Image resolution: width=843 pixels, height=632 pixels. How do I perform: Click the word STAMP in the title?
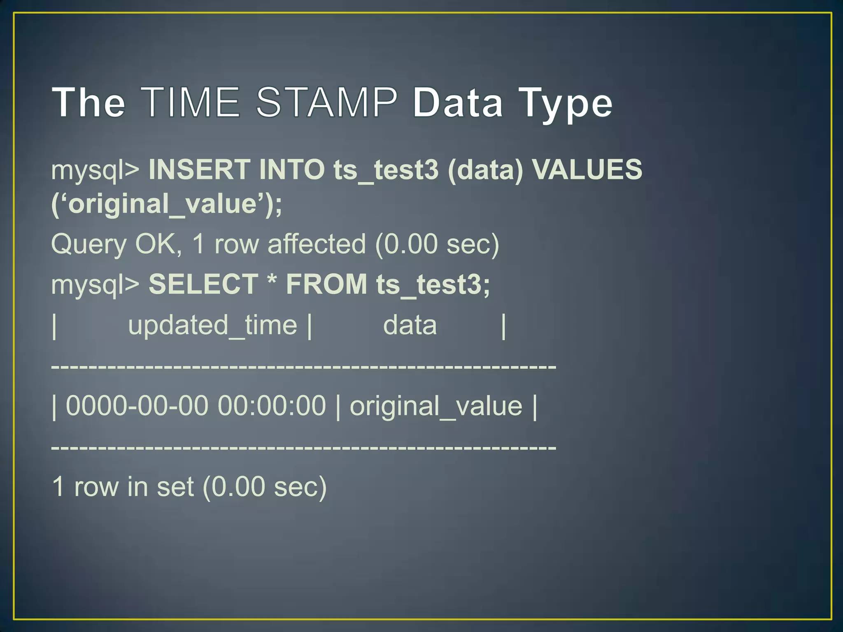[327, 102]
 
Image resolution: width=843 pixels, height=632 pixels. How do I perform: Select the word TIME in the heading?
[192, 102]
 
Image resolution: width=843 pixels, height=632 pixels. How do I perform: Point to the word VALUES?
[587, 170]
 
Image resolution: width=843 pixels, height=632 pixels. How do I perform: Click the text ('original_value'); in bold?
[167, 204]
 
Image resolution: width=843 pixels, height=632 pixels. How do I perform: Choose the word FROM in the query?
[326, 284]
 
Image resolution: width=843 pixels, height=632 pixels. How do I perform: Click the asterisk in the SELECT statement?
[272, 282]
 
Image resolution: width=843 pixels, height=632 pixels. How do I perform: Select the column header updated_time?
[212, 325]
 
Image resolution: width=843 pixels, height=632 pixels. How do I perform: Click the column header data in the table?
[410, 325]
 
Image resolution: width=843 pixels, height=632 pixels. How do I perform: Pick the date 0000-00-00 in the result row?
[137, 406]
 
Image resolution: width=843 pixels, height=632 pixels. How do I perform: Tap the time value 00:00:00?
[272, 406]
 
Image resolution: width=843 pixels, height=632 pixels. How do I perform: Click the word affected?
[317, 244]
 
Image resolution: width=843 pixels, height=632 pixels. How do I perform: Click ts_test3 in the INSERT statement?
[386, 170]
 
